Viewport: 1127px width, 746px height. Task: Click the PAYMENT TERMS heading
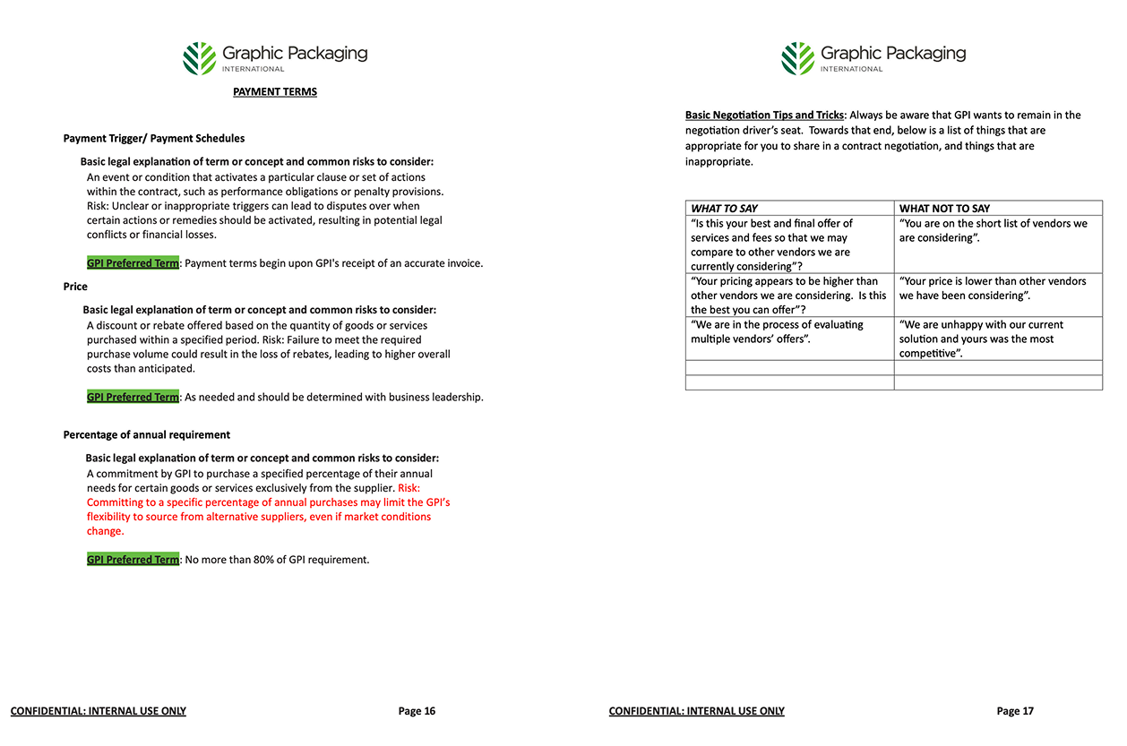pos(274,91)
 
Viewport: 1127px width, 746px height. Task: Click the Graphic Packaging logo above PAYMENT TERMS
pos(275,57)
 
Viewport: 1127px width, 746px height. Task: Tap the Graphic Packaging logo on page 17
pos(873,57)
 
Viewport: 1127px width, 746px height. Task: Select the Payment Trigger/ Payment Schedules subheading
pos(153,138)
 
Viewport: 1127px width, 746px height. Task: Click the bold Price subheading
pos(75,287)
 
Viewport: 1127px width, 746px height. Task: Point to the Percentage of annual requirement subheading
pos(146,434)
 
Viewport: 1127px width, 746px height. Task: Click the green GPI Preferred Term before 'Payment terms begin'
pos(133,263)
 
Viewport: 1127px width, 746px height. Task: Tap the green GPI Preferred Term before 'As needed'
pos(133,397)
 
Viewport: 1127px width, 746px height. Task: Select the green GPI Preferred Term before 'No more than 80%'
pos(133,560)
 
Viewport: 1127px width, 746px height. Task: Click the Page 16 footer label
pos(417,711)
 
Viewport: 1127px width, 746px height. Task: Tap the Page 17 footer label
pos(1015,711)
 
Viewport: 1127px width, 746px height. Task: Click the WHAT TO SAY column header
pos(724,209)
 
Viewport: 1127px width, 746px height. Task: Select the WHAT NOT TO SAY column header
pos(944,209)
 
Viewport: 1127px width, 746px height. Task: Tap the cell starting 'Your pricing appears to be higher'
pos(788,296)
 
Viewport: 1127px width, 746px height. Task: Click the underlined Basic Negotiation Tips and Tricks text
pos(764,115)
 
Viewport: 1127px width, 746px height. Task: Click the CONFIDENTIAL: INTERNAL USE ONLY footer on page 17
pos(696,711)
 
